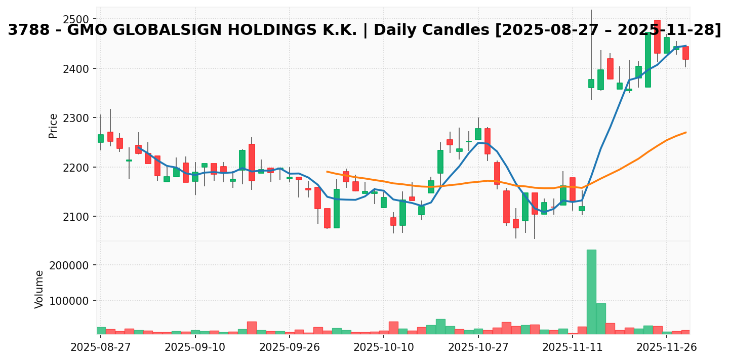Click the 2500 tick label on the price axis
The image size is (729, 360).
[x=77, y=19]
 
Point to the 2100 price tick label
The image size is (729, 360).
[x=77, y=217]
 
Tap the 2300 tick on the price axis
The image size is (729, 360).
[x=77, y=118]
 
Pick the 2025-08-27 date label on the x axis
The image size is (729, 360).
[x=101, y=347]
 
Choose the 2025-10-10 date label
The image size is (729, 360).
[x=384, y=347]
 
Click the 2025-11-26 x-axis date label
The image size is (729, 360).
[x=667, y=347]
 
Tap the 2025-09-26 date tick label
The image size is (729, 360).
[x=290, y=347]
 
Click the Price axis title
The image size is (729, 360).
[x=53, y=126]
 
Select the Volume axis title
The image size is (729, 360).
[x=39, y=289]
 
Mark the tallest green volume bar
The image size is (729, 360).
[x=591, y=292]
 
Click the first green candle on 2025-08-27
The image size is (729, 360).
[x=101, y=138]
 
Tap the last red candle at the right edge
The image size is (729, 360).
[x=685, y=53]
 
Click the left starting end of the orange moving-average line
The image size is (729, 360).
[x=327, y=172]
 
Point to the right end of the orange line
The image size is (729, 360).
[x=686, y=133]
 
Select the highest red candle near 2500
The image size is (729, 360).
[x=657, y=36]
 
